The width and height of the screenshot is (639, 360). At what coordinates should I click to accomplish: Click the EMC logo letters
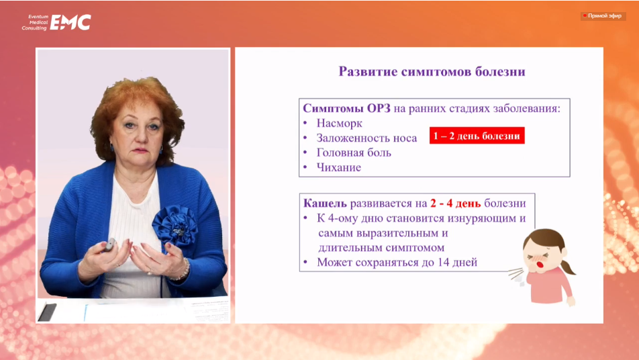click(70, 22)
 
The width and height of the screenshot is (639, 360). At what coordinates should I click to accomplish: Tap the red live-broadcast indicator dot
click(585, 16)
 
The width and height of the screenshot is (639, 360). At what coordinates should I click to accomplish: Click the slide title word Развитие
click(368, 72)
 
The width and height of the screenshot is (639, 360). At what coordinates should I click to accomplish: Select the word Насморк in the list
click(339, 123)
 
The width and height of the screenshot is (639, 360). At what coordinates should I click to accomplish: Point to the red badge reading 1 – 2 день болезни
click(477, 136)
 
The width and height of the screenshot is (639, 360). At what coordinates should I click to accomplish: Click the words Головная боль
click(354, 152)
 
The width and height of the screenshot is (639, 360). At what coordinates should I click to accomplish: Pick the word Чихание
click(339, 167)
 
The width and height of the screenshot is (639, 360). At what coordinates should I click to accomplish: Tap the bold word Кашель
click(325, 203)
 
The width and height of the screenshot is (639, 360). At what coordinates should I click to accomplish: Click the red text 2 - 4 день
click(455, 203)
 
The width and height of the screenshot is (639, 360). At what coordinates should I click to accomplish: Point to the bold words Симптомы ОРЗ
click(346, 108)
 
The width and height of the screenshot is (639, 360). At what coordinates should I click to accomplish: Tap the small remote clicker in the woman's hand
click(110, 244)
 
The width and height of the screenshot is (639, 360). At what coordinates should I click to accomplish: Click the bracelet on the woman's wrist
click(182, 271)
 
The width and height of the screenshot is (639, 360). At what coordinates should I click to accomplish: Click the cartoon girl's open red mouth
click(540, 265)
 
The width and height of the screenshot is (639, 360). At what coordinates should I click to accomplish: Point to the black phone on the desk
click(47, 312)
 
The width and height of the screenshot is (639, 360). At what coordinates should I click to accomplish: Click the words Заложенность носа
click(366, 138)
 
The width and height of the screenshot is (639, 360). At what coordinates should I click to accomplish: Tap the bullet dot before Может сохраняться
click(305, 262)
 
